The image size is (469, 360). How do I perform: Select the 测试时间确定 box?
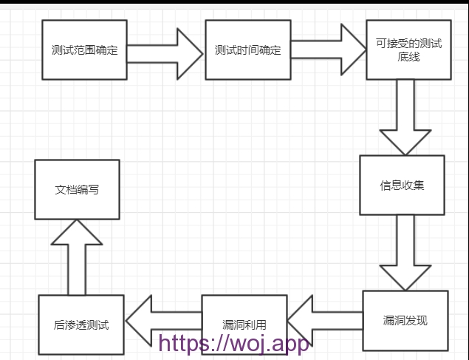coord(247,50)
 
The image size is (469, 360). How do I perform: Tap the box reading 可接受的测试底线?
coord(408,50)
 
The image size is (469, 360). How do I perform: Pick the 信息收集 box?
coord(403,185)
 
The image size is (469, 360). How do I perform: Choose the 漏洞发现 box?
coord(405,320)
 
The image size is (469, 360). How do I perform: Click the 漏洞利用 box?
coord(244,325)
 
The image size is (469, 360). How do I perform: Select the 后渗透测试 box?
coord(81,325)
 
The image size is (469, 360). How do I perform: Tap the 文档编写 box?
coord(77,189)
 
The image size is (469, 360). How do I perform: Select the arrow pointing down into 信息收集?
coord(405,117)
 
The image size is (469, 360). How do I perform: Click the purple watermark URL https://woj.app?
coord(234,343)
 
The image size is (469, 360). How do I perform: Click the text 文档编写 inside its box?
coord(77,189)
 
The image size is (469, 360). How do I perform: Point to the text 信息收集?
coord(403,185)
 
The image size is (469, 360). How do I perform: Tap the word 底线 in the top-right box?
coord(408,57)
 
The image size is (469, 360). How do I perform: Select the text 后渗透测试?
coord(81,325)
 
